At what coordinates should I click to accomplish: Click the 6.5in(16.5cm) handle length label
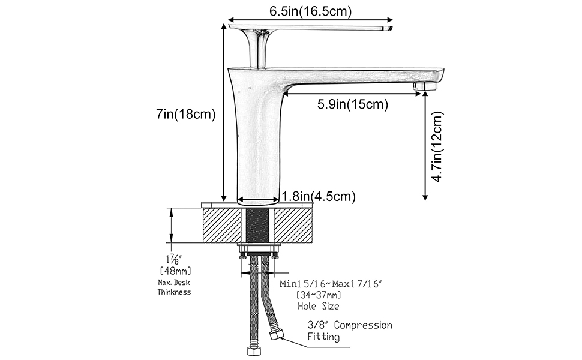coord(310,11)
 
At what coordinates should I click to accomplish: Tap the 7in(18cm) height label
coord(185,114)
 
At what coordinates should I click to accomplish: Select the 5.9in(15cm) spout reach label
coord(353,104)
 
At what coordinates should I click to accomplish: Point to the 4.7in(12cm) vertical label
coord(438,147)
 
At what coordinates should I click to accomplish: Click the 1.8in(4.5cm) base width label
coord(319,196)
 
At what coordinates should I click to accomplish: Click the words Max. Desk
coord(174,283)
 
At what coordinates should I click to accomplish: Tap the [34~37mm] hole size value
coord(319,295)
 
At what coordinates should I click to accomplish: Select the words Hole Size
coord(319,306)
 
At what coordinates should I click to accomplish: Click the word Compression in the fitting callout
coord(363,325)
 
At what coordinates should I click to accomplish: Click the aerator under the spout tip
coord(425,86)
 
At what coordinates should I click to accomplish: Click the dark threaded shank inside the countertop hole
coord(258,226)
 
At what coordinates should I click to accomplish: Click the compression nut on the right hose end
coord(277,335)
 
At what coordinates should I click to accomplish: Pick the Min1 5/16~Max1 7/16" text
coord(331,284)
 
